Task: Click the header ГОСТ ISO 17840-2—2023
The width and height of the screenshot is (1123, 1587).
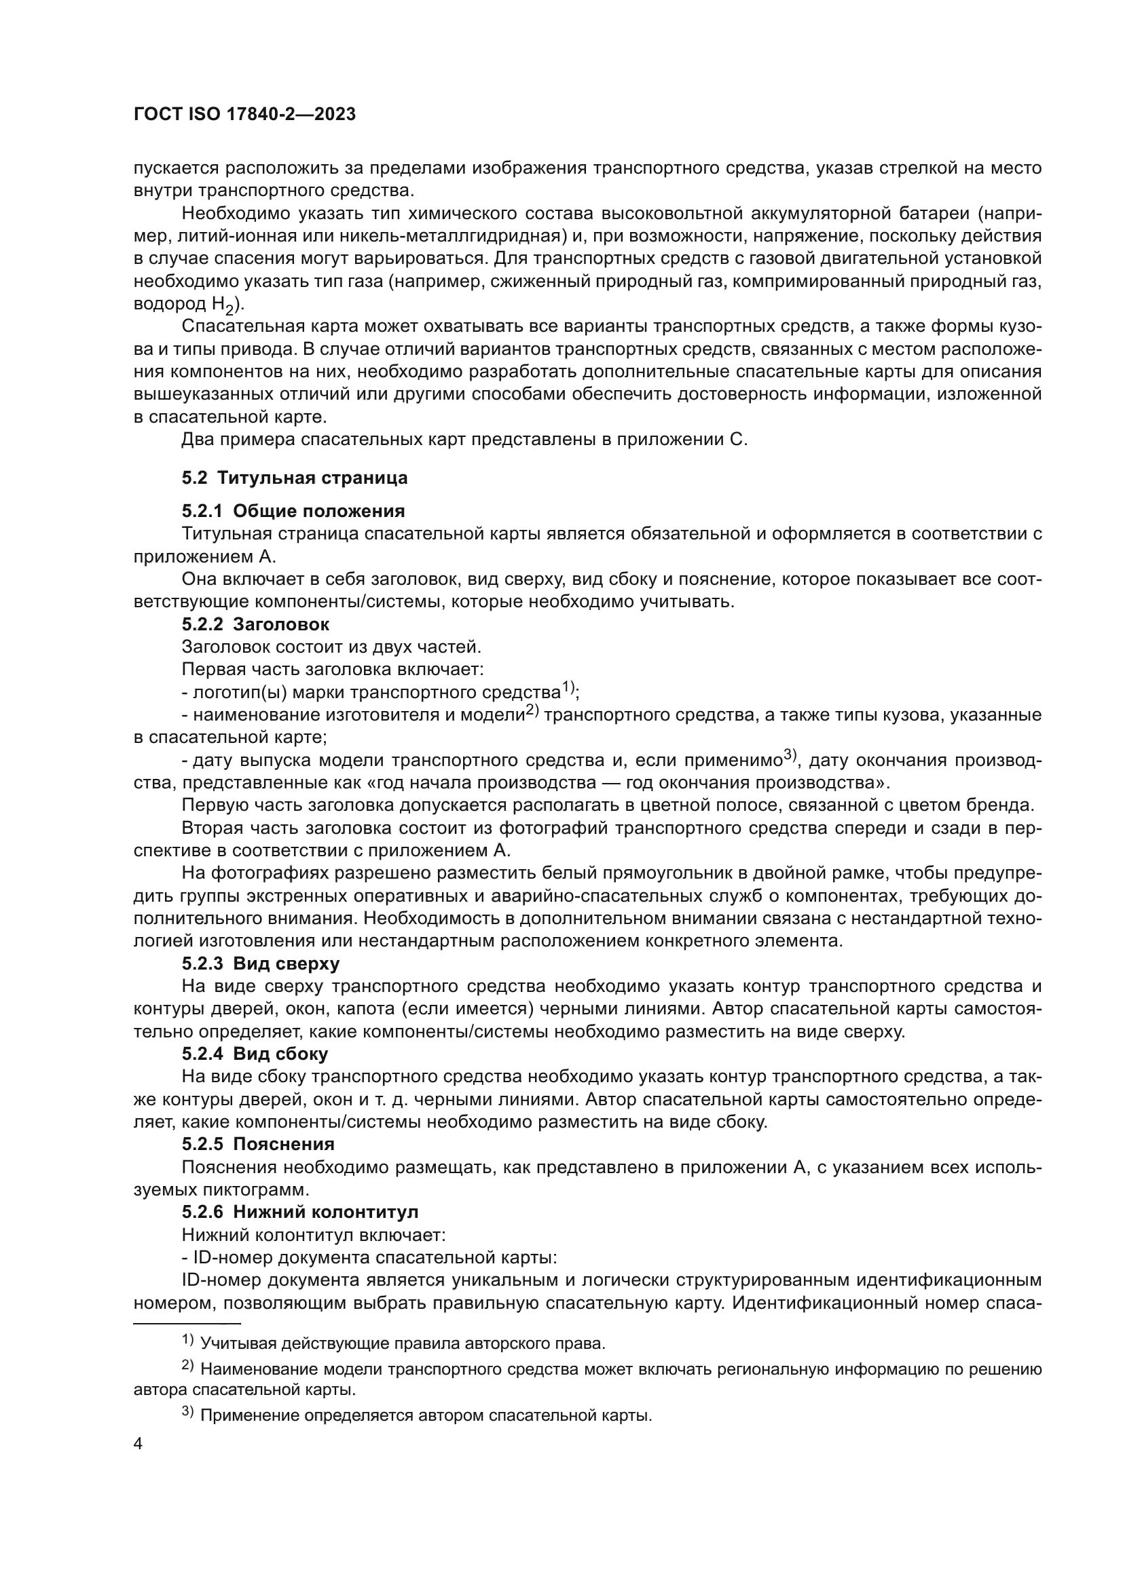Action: (244, 114)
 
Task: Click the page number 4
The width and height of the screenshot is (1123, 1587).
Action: (139, 1444)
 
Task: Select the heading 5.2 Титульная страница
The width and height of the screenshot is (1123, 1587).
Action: (295, 478)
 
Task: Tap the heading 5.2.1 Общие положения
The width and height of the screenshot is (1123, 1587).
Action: (293, 511)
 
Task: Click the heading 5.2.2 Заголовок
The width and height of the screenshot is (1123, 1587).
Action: (255, 624)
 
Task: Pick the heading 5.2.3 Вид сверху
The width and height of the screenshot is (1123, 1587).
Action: (261, 963)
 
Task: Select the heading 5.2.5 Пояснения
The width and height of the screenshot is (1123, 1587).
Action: (258, 1144)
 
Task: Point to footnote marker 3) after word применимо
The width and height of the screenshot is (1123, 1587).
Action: (790, 755)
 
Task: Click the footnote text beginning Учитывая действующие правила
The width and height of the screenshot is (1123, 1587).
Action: (403, 1343)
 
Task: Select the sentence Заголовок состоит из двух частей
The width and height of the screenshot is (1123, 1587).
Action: (331, 647)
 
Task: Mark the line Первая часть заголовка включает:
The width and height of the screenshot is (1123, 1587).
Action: (332, 669)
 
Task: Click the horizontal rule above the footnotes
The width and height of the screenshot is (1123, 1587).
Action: (187, 1323)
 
